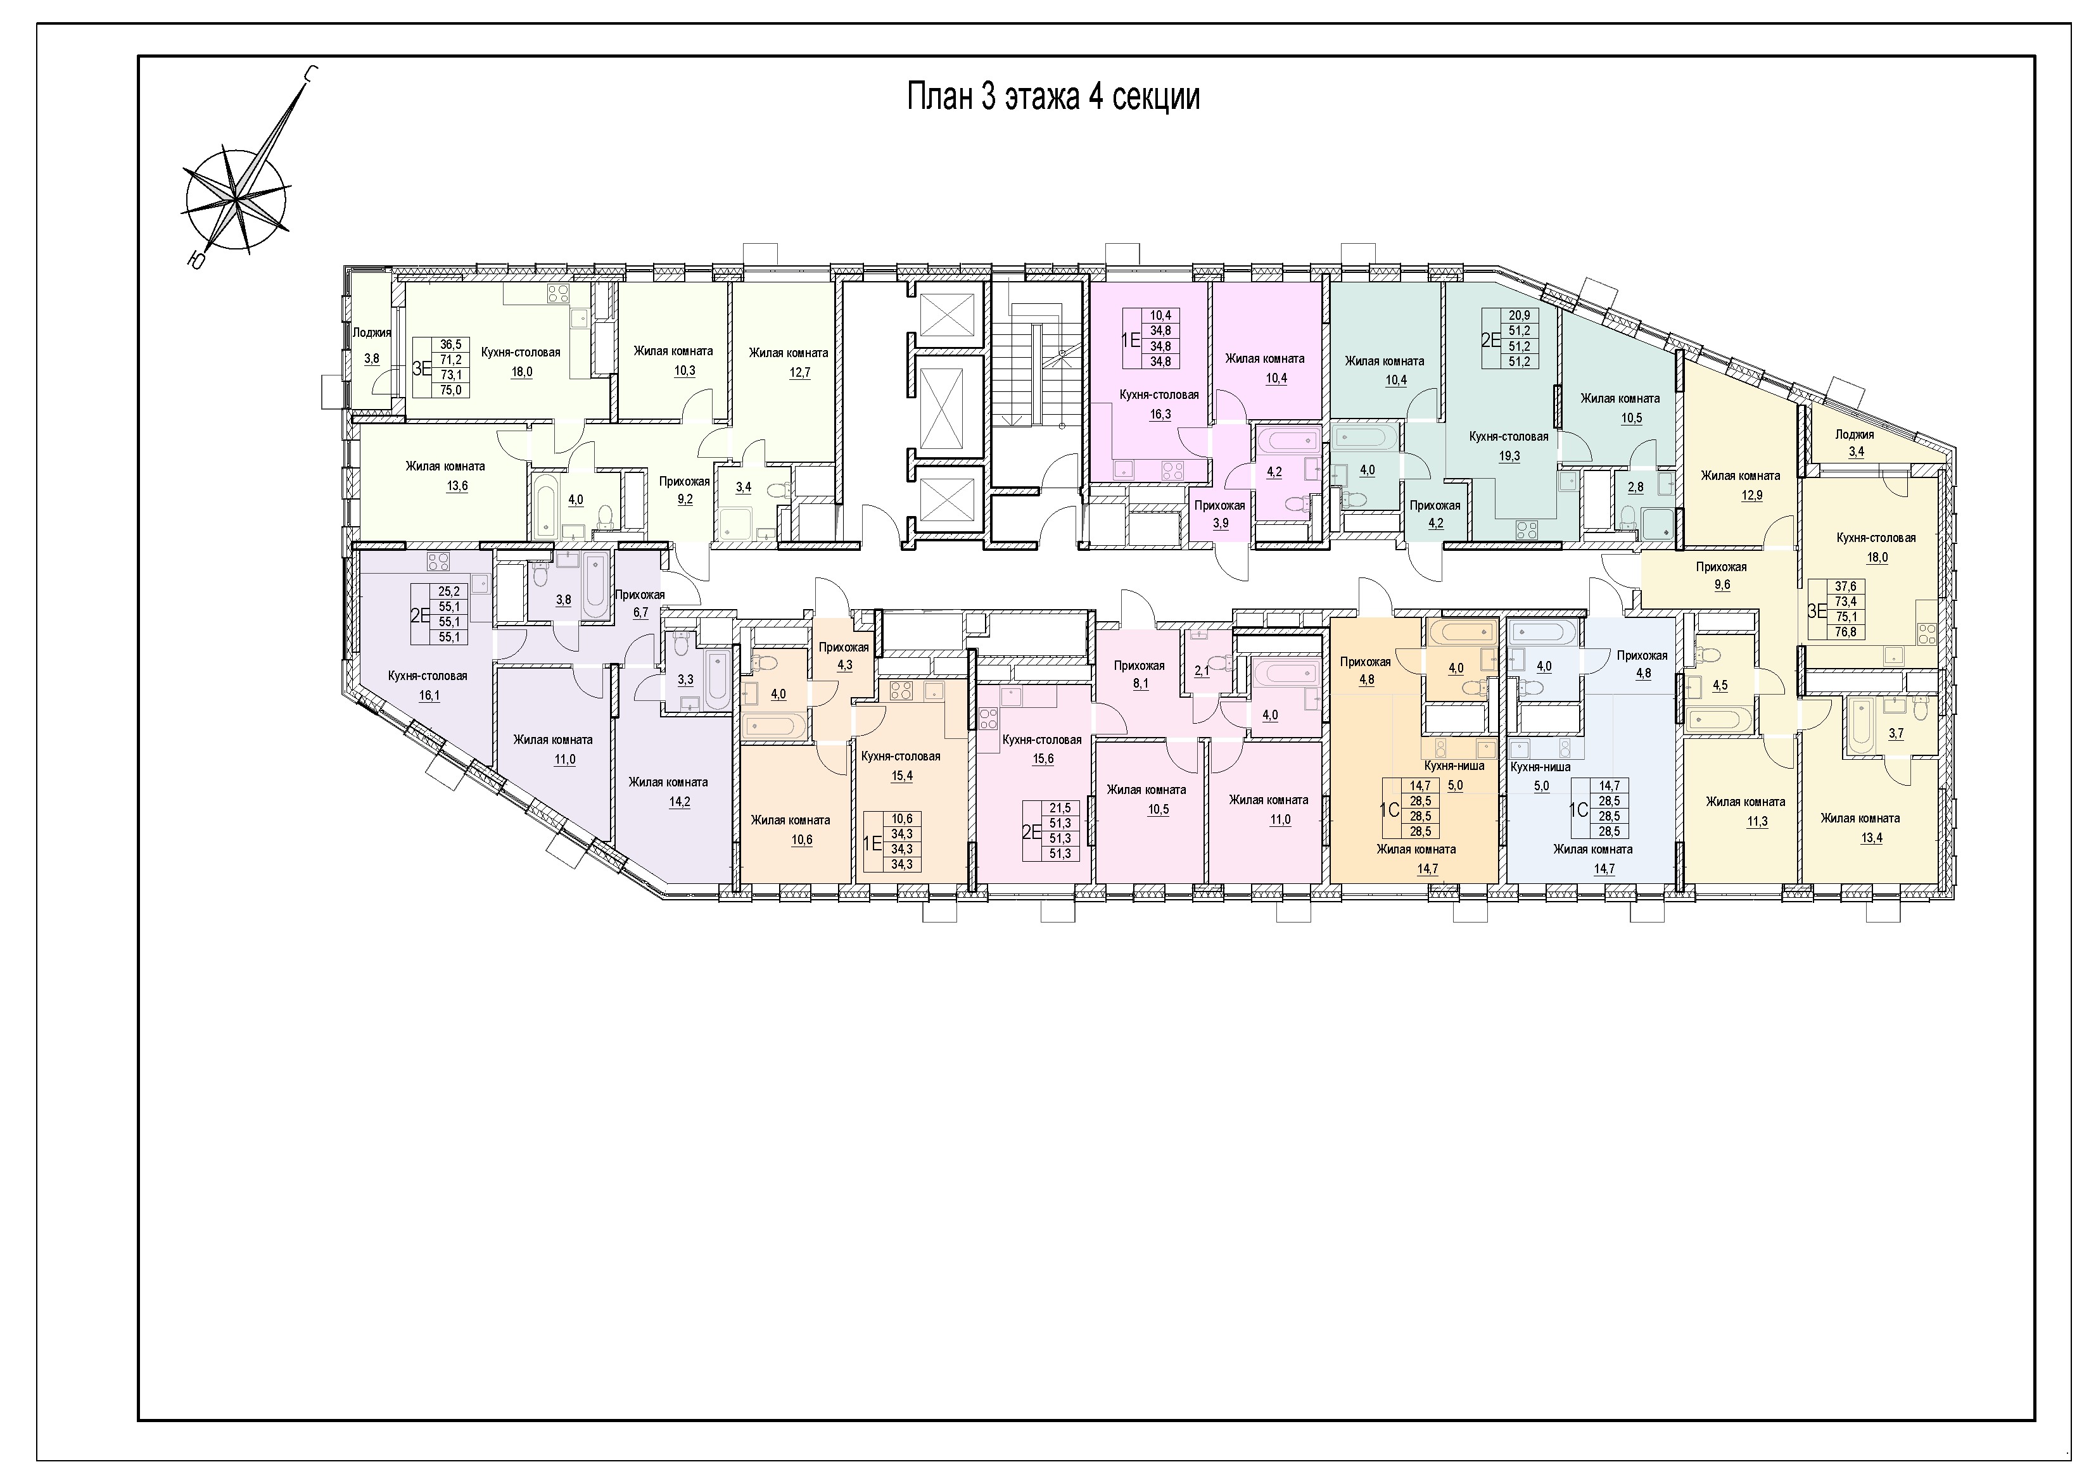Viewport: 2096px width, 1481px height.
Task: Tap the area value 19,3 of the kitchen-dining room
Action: click(x=1509, y=457)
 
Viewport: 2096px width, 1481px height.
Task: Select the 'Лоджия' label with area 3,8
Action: click(x=372, y=333)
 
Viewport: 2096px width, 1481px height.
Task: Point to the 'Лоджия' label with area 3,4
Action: click(x=1855, y=434)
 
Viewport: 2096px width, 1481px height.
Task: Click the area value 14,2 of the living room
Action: click(x=668, y=802)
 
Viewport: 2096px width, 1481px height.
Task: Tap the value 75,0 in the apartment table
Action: click(x=451, y=389)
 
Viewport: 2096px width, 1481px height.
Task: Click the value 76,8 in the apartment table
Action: click(x=1845, y=631)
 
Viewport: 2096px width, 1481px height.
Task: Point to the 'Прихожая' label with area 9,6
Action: click(x=1721, y=567)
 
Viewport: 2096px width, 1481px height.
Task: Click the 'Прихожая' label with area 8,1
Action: click(x=1140, y=665)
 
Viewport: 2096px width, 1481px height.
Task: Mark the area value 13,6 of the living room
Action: click(x=457, y=486)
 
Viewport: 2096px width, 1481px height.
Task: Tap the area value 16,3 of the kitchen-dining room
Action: click(x=1159, y=414)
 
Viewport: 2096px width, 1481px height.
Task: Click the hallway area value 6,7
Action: click(x=640, y=612)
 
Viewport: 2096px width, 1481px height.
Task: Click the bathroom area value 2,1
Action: click(x=1202, y=671)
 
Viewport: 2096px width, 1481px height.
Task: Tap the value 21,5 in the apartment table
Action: click(x=1060, y=807)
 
